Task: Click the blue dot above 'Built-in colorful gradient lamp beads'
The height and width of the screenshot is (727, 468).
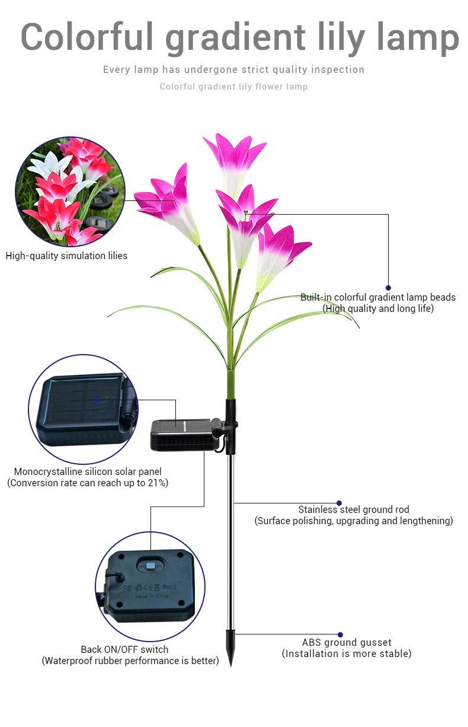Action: pyautogui.click(x=388, y=288)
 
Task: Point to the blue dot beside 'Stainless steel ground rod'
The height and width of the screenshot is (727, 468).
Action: pyautogui.click(x=339, y=503)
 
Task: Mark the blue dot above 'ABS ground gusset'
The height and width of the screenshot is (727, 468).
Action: pyautogui.click(x=340, y=634)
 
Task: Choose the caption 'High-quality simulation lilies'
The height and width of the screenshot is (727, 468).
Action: pyautogui.click(x=66, y=256)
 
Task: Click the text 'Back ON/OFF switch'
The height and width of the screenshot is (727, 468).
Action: pyautogui.click(x=124, y=649)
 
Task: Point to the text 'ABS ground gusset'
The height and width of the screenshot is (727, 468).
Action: pyautogui.click(x=347, y=642)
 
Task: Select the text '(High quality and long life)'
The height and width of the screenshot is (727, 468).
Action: pyautogui.click(x=378, y=308)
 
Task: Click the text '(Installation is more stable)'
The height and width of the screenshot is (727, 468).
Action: pyautogui.click(x=347, y=653)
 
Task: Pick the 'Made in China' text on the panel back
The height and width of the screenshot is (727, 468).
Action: pyautogui.click(x=153, y=597)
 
